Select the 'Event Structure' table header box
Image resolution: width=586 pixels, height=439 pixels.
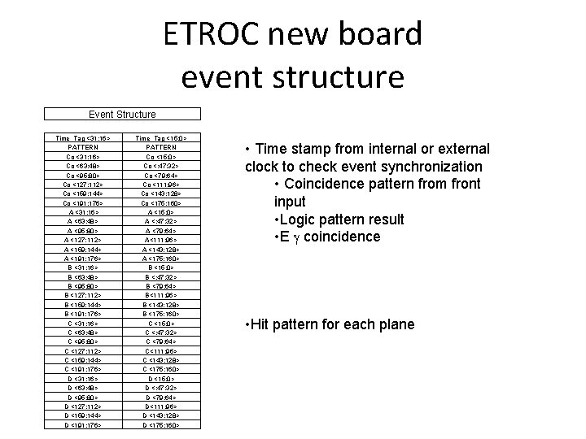111,115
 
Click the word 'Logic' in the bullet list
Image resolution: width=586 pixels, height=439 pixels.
298,219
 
